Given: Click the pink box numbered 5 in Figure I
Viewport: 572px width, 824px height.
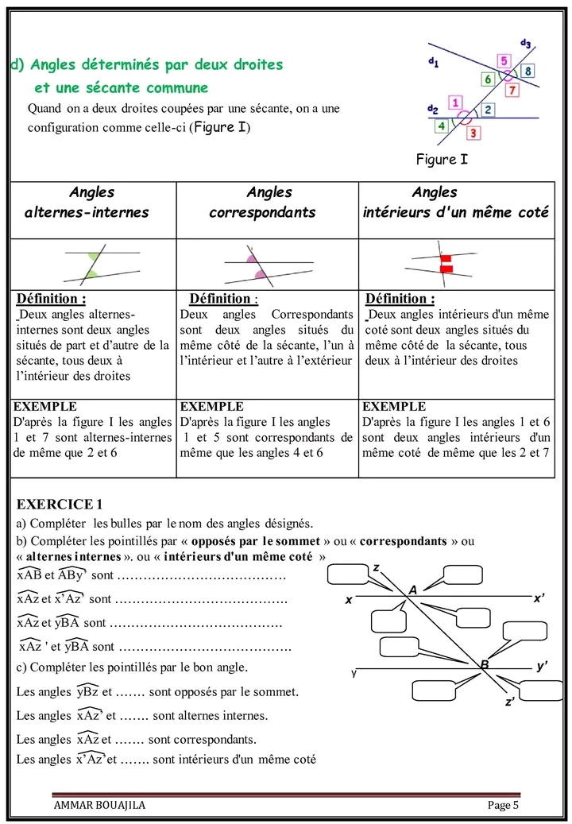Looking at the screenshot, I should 504,60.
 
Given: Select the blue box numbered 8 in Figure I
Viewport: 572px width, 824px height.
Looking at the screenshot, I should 528,70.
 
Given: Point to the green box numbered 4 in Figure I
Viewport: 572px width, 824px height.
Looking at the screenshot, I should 441,126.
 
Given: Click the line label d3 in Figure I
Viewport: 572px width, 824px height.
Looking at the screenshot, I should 526,43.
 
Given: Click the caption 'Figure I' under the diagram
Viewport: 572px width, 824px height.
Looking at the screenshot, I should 442,160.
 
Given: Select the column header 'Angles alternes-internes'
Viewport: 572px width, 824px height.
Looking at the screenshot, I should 91,203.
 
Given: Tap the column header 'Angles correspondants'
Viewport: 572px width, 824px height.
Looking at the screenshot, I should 268,203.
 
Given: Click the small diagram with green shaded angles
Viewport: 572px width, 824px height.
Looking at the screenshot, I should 92,265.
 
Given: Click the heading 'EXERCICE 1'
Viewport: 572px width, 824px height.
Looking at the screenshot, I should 60,505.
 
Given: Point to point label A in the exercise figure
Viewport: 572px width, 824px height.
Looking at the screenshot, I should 412,590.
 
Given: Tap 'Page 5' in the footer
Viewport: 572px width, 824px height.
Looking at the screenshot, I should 503,805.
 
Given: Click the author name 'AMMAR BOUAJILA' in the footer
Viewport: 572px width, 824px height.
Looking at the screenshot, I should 99,805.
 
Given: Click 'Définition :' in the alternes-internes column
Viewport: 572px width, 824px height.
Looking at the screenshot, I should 52,300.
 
